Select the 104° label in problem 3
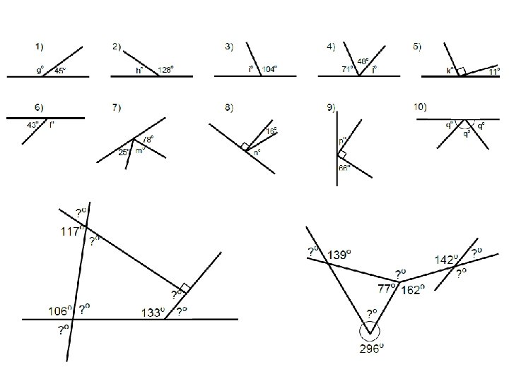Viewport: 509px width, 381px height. [x=271, y=69]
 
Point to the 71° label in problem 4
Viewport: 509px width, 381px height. [x=349, y=69]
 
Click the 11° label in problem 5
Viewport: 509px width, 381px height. [x=493, y=71]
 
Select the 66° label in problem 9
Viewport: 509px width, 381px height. [x=344, y=168]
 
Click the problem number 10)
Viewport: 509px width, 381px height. [x=420, y=107]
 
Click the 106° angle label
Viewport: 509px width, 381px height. [x=58, y=310]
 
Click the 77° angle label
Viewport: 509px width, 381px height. [x=386, y=288]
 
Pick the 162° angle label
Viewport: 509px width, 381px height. [x=413, y=289]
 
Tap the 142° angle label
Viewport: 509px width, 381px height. [x=447, y=260]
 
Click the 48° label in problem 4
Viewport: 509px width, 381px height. [x=362, y=61]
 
